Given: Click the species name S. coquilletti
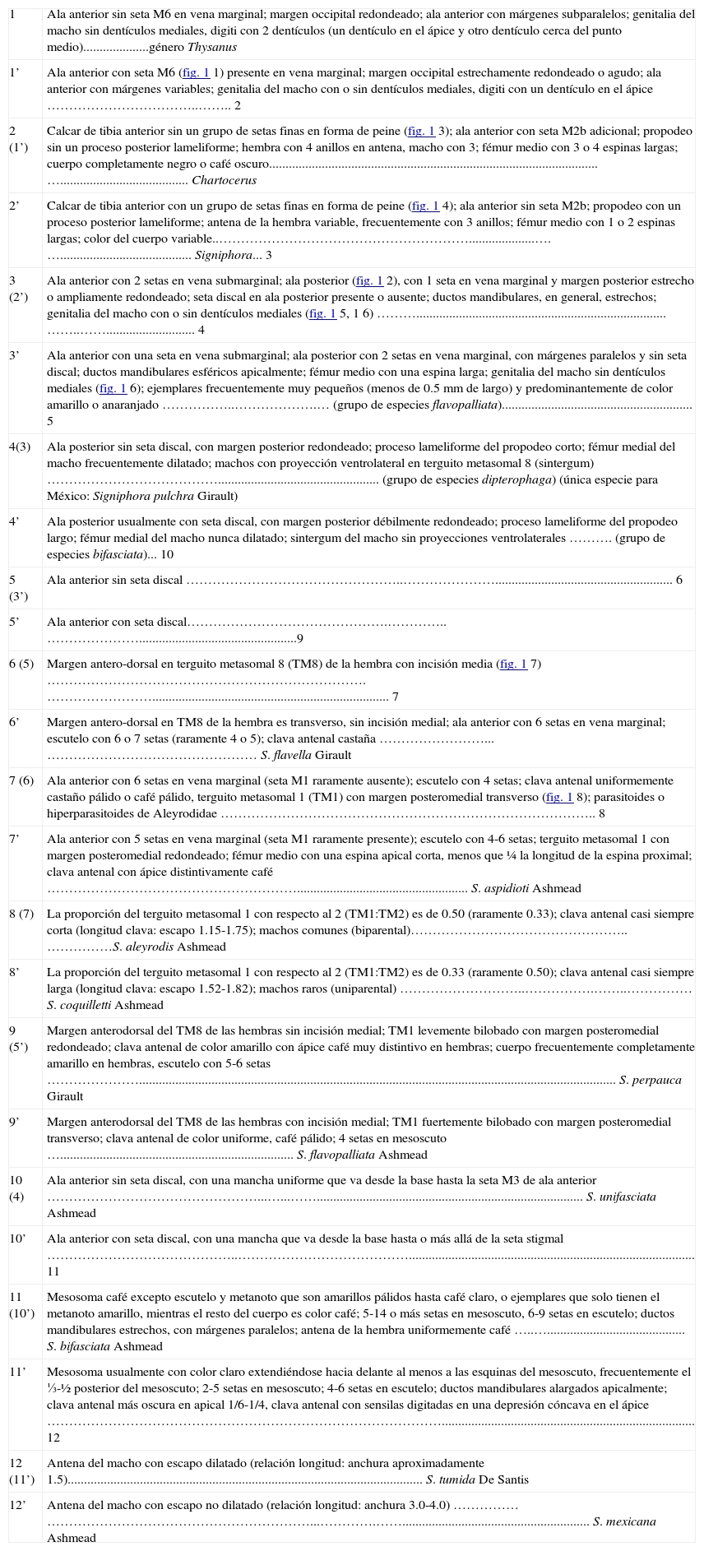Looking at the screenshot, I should coord(79,1005).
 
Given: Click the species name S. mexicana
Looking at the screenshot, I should coord(624,1521).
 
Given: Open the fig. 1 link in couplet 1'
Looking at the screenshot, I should coord(196,72).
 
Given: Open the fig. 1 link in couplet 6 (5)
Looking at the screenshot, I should coord(513,664).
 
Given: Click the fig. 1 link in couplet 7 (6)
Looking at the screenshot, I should coord(558,797).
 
